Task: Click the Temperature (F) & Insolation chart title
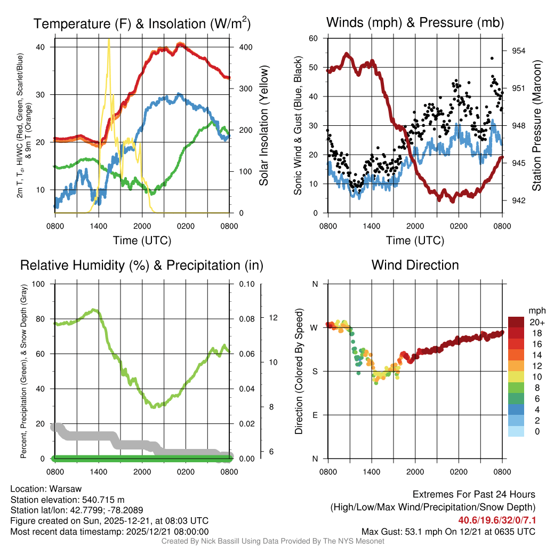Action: click(x=142, y=23)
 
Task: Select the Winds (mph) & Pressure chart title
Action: click(x=415, y=22)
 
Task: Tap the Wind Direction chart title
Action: click(x=415, y=265)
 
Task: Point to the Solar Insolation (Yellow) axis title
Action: click(x=263, y=126)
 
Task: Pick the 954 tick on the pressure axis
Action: click(x=518, y=51)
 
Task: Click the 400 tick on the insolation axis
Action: click(x=245, y=47)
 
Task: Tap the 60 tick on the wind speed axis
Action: click(x=314, y=38)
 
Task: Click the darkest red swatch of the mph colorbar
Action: click(x=516, y=323)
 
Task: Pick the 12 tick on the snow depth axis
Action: click(x=274, y=318)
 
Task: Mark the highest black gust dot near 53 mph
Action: click(x=492, y=58)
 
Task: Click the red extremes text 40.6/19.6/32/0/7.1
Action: click(x=496, y=520)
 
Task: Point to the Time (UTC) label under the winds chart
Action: click(x=415, y=240)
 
